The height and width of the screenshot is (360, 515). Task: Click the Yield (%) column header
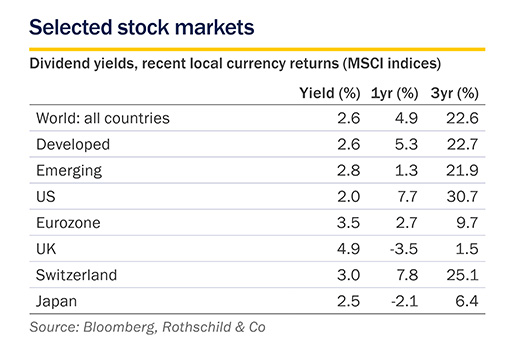[x=330, y=93]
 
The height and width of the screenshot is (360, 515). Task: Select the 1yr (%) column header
[x=394, y=93]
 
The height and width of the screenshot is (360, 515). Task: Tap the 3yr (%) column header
[x=455, y=93]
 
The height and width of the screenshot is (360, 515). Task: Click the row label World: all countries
[x=103, y=118]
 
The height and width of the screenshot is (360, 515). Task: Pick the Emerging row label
[x=69, y=171]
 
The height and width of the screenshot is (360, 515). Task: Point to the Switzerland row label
[x=76, y=275]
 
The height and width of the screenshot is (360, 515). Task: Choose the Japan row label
[x=56, y=302]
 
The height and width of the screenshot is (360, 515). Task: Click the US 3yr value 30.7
[x=463, y=197]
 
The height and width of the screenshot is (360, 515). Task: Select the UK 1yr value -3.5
[x=404, y=249]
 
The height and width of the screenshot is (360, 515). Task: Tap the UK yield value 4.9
[x=348, y=249]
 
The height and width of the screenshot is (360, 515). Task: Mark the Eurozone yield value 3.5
[x=348, y=223]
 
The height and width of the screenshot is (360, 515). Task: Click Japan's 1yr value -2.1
[x=404, y=301]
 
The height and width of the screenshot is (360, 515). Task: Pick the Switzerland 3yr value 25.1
[x=463, y=275]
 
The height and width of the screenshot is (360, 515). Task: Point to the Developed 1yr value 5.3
[x=406, y=144]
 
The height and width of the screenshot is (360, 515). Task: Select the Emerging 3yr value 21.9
[x=463, y=171]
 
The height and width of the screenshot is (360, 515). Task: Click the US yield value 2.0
[x=348, y=197]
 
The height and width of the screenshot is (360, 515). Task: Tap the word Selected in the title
[x=71, y=27]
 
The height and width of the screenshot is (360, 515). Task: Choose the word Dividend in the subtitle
[x=59, y=63]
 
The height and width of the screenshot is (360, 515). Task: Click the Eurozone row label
[x=68, y=223]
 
